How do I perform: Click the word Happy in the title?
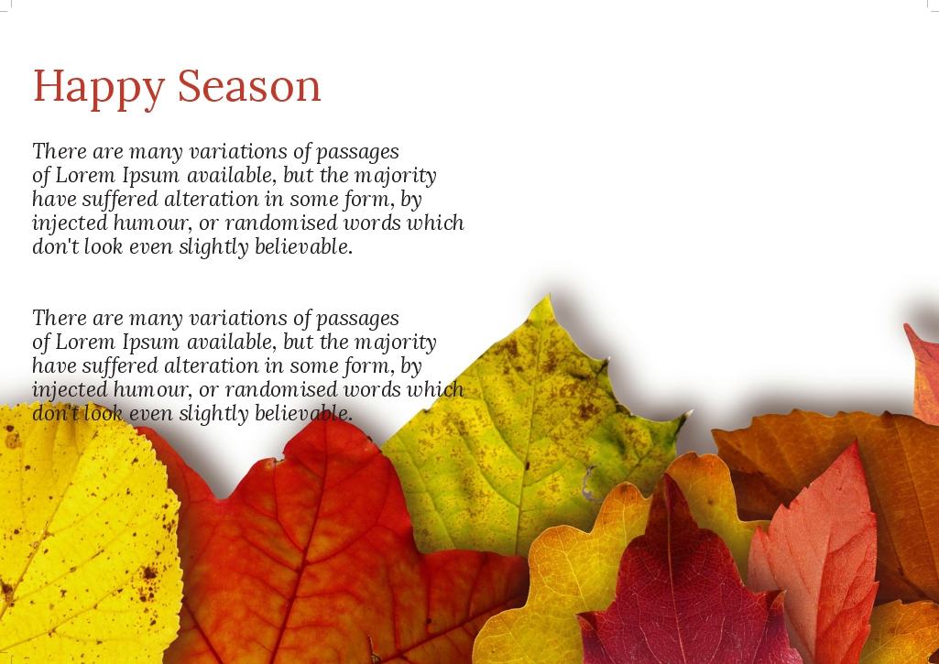pos(99,88)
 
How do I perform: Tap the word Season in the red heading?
pos(249,85)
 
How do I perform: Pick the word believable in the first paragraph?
pos(303,246)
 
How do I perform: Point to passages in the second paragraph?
pos(357,320)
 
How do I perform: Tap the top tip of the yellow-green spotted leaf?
pos(550,294)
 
